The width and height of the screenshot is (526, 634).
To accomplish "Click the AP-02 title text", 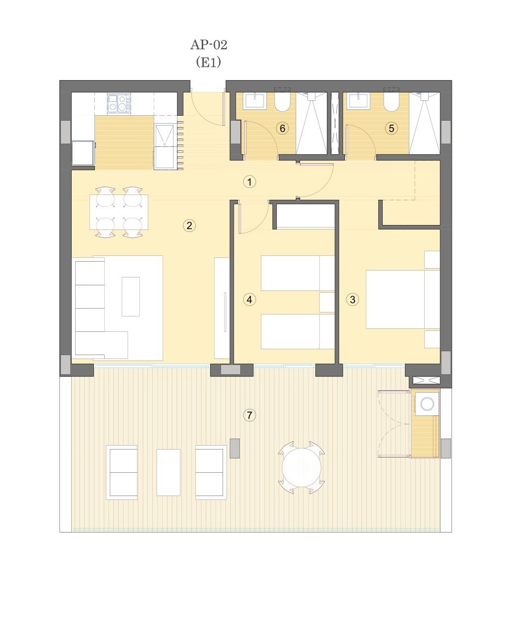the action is (209, 45).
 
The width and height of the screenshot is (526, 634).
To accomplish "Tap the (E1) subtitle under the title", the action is (208, 62).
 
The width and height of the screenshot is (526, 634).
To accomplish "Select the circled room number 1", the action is (250, 182).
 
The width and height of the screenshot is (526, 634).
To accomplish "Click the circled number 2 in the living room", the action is (189, 226).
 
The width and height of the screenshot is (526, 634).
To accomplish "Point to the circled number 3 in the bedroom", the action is (352, 300).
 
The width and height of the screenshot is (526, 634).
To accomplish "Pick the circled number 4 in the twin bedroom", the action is (250, 300).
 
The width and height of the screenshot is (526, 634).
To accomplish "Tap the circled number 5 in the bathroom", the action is (392, 129).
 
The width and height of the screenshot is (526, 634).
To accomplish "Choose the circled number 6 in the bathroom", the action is (283, 129).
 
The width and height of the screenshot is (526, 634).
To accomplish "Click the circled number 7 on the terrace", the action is (250, 415).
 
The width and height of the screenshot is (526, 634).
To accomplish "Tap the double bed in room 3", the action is (403, 299).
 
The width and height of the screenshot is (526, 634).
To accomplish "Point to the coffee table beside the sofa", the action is (131, 297).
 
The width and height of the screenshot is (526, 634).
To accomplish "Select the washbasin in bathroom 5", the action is (360, 100).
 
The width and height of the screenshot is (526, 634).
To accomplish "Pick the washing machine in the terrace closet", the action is (427, 404).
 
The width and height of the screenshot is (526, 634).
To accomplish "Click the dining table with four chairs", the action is (119, 212).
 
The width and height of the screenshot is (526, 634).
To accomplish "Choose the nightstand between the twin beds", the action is (327, 303).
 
